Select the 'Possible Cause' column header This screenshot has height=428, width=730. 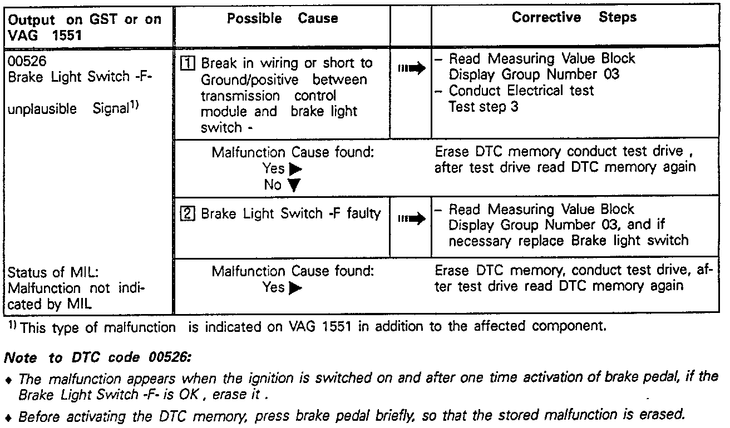[282, 18]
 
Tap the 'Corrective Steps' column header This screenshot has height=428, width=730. [574, 17]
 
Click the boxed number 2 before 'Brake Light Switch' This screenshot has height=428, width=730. [186, 214]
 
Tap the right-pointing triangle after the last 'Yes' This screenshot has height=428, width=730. [295, 288]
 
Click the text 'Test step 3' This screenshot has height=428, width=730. [483, 106]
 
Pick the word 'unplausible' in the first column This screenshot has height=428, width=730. [42, 110]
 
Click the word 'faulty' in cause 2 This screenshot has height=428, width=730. [363, 213]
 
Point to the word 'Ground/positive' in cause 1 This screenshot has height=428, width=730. [249, 79]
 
